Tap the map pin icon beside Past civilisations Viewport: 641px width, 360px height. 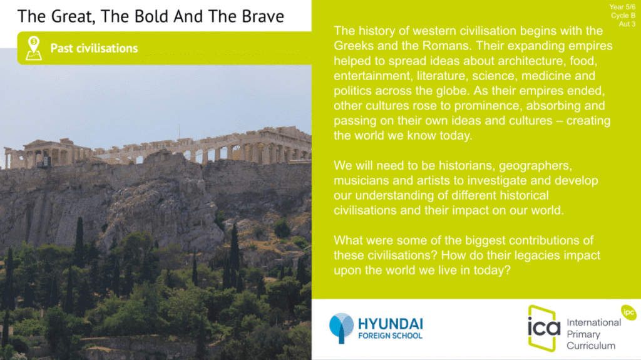[x=34, y=48]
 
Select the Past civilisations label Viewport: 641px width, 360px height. [x=94, y=48]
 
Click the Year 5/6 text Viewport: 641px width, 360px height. [x=622, y=7]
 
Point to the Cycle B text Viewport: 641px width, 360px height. [x=623, y=16]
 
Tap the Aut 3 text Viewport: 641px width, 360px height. [x=627, y=24]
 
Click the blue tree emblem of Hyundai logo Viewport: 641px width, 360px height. [x=341, y=328]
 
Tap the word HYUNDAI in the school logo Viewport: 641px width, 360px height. [x=391, y=324]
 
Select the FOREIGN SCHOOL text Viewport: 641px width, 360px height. [x=391, y=336]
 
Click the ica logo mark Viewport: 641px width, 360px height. [x=544, y=328]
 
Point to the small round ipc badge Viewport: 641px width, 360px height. [x=628, y=312]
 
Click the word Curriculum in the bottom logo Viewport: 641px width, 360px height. [x=591, y=346]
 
